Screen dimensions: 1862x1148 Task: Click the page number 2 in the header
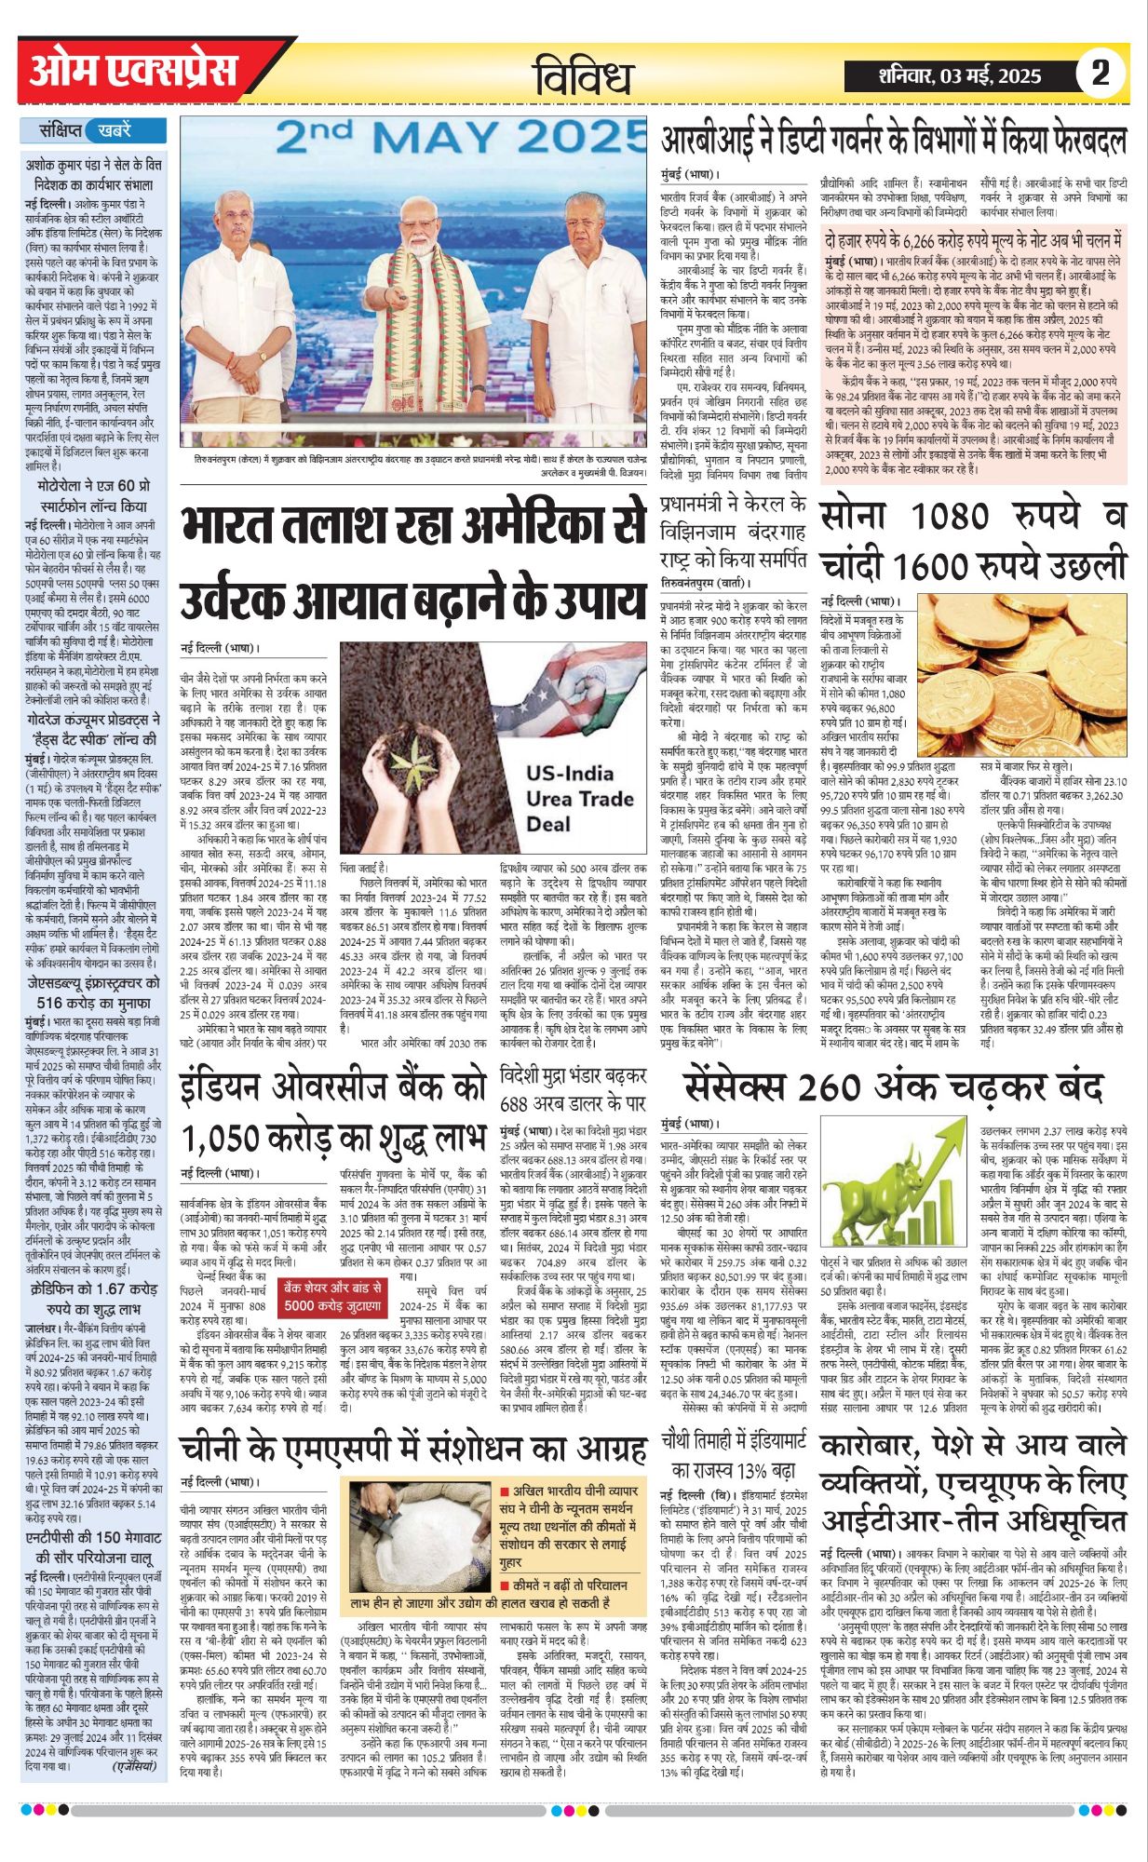pos(1100,73)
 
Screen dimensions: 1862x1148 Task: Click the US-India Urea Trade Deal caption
pos(570,798)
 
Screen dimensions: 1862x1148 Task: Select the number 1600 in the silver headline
pos(953,565)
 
